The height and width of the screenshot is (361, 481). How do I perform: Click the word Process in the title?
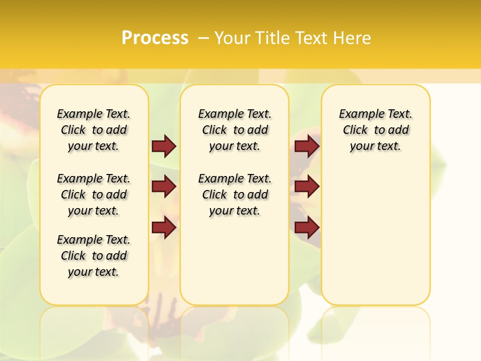click(x=155, y=38)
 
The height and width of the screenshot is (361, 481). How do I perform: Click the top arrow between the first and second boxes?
click(x=164, y=146)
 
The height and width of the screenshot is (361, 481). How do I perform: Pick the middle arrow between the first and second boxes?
click(x=164, y=187)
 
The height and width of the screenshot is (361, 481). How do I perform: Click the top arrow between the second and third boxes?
click(x=307, y=146)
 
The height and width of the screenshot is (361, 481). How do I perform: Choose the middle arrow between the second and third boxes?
click(x=307, y=187)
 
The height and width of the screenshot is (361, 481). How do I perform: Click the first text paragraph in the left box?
click(x=94, y=130)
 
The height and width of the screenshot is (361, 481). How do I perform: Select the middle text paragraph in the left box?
click(x=94, y=195)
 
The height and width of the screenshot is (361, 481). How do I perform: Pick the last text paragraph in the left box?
click(x=94, y=256)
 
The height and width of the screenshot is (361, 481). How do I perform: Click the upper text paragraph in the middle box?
click(x=234, y=130)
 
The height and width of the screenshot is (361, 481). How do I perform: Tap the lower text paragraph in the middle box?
click(x=234, y=195)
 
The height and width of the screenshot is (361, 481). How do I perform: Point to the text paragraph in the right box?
click(x=375, y=130)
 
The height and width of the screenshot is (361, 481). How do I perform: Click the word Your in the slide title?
click(x=233, y=38)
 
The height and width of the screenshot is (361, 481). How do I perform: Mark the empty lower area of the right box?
click(x=375, y=231)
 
